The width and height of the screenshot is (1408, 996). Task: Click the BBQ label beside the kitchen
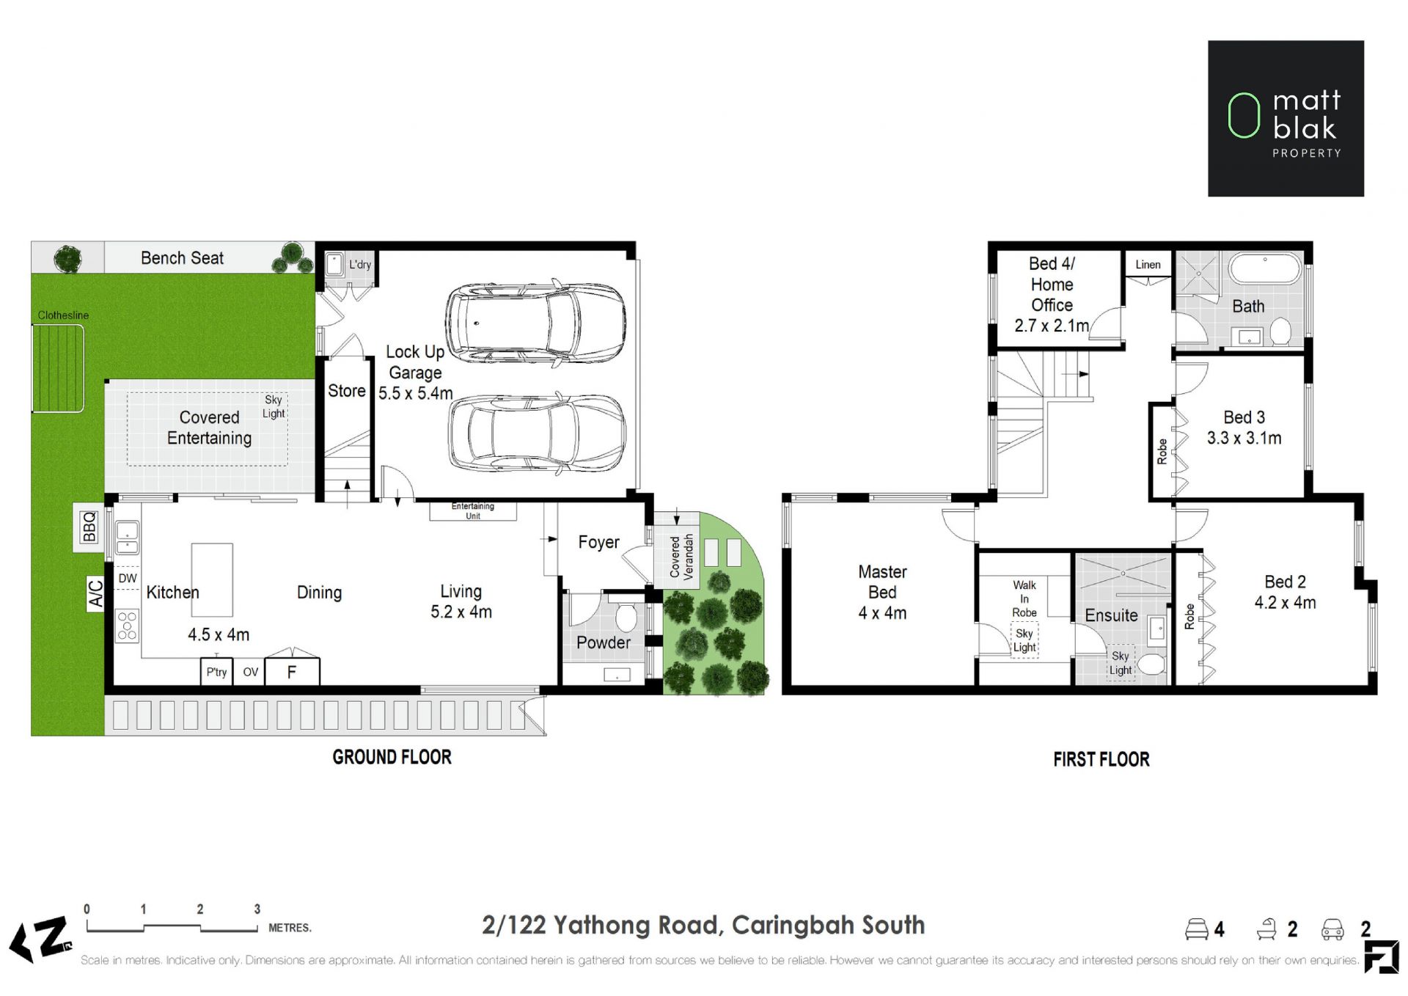89,527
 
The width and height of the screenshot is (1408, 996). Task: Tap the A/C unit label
96,594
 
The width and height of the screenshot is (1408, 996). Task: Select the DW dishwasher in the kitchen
128,578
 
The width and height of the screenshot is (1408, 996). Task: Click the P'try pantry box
216,672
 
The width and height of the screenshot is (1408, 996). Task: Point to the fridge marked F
292,672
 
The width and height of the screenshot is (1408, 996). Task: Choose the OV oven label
251,672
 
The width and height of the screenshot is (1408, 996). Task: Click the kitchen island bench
212,579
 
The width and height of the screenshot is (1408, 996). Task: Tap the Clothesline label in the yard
63,315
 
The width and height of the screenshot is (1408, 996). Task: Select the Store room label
346,391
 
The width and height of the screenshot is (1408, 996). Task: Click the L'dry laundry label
360,265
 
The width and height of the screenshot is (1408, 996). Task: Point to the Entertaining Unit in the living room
473,511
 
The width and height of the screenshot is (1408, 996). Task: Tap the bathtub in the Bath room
1264,269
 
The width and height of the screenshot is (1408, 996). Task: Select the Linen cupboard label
1148,265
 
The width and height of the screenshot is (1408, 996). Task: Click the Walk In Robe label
1024,598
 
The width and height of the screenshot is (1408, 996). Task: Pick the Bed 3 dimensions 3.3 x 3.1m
1244,439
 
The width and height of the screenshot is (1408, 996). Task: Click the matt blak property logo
1286,118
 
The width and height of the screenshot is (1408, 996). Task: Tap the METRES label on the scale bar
290,928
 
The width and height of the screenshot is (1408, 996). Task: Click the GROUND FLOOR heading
392,757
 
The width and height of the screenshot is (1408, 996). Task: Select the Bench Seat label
182,258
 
